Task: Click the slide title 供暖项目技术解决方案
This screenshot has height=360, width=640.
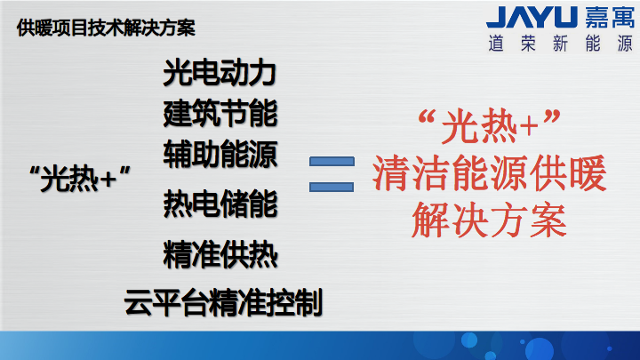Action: tap(106, 28)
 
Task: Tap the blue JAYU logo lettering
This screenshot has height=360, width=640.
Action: tap(532, 17)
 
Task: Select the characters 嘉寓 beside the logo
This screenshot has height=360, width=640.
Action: tap(610, 17)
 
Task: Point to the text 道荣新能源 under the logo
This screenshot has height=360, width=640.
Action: tap(560, 44)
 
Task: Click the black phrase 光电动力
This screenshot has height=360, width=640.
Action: tap(220, 73)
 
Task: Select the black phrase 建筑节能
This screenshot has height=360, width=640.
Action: tap(220, 113)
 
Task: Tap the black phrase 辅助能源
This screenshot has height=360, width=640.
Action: tap(220, 154)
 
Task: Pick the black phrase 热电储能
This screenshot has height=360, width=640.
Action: tap(220, 204)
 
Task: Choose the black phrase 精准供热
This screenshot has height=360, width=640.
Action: tap(220, 255)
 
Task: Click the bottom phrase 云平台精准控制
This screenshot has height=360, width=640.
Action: tap(223, 302)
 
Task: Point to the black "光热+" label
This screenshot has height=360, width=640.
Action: tap(80, 179)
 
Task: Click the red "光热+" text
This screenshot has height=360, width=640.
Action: tap(490, 125)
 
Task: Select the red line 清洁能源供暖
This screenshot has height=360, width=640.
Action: tap(490, 173)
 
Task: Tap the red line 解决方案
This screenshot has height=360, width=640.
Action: tap(490, 220)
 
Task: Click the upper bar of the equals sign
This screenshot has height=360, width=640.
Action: tap(332, 161)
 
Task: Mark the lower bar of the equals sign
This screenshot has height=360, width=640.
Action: tap(332, 187)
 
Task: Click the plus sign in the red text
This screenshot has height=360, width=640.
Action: tap(529, 126)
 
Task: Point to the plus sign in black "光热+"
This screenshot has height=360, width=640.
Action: tap(108, 180)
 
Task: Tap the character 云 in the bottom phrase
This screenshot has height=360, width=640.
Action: tap(138, 303)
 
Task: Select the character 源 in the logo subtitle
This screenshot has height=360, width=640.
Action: tap(625, 44)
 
